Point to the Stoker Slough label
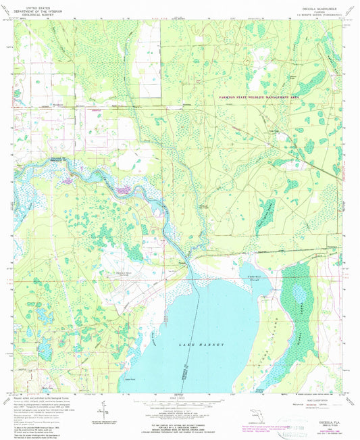tap(259, 389)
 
